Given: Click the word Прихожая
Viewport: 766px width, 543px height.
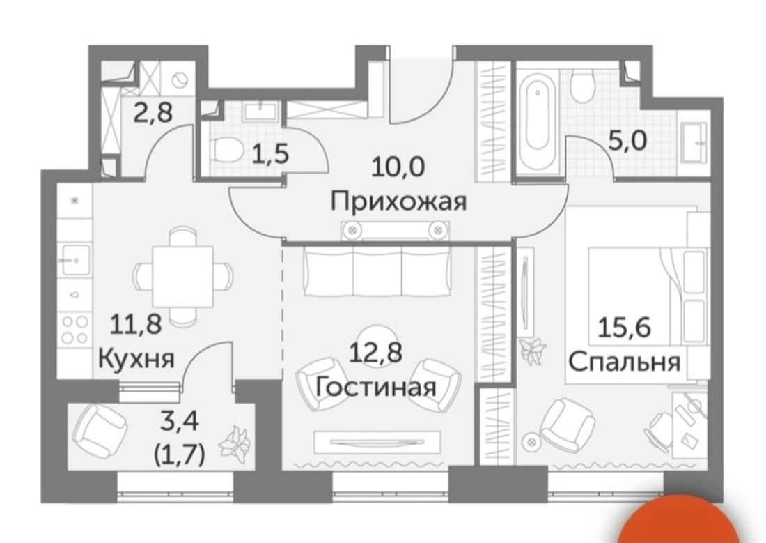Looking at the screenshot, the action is (x=398, y=201).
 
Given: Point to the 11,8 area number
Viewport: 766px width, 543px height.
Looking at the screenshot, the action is (x=136, y=324).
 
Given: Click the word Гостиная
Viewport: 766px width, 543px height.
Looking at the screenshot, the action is (x=375, y=388).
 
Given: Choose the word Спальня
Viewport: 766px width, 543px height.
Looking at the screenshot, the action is (x=625, y=362).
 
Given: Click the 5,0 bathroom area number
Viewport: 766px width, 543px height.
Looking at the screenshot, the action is (x=627, y=141).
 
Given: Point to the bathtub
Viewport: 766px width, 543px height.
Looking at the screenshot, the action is (x=537, y=118).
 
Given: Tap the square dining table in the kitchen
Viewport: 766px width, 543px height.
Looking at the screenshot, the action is (x=182, y=277).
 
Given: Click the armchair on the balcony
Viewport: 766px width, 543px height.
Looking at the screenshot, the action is (x=99, y=429).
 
